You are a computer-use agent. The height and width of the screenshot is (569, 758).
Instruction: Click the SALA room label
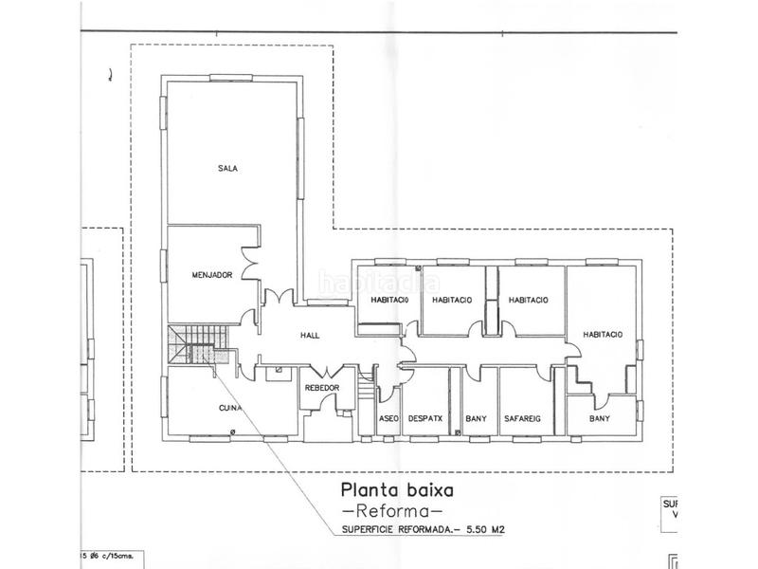pyautogui.click(x=227, y=169)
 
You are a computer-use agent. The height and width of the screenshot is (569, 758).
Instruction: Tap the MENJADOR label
pyautogui.click(x=212, y=275)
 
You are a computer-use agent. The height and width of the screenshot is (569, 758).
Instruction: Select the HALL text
pyautogui.click(x=311, y=335)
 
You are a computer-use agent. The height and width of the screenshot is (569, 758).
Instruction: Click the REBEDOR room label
pyautogui.click(x=322, y=389)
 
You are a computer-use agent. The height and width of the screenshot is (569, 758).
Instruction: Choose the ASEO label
pyautogui.click(x=389, y=418)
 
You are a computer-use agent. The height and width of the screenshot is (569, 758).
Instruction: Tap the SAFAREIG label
pyautogui.click(x=524, y=418)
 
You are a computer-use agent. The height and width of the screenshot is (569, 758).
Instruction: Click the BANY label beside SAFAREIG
pyautogui.click(x=477, y=418)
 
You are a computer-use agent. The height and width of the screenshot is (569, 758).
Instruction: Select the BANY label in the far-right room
pyautogui.click(x=600, y=418)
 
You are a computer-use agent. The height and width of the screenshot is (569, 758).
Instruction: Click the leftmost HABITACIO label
pyautogui.click(x=383, y=301)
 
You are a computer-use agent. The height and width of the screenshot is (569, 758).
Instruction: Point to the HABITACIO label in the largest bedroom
pyautogui.click(x=603, y=334)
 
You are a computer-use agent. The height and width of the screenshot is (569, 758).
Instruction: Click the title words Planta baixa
pyautogui.click(x=398, y=491)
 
